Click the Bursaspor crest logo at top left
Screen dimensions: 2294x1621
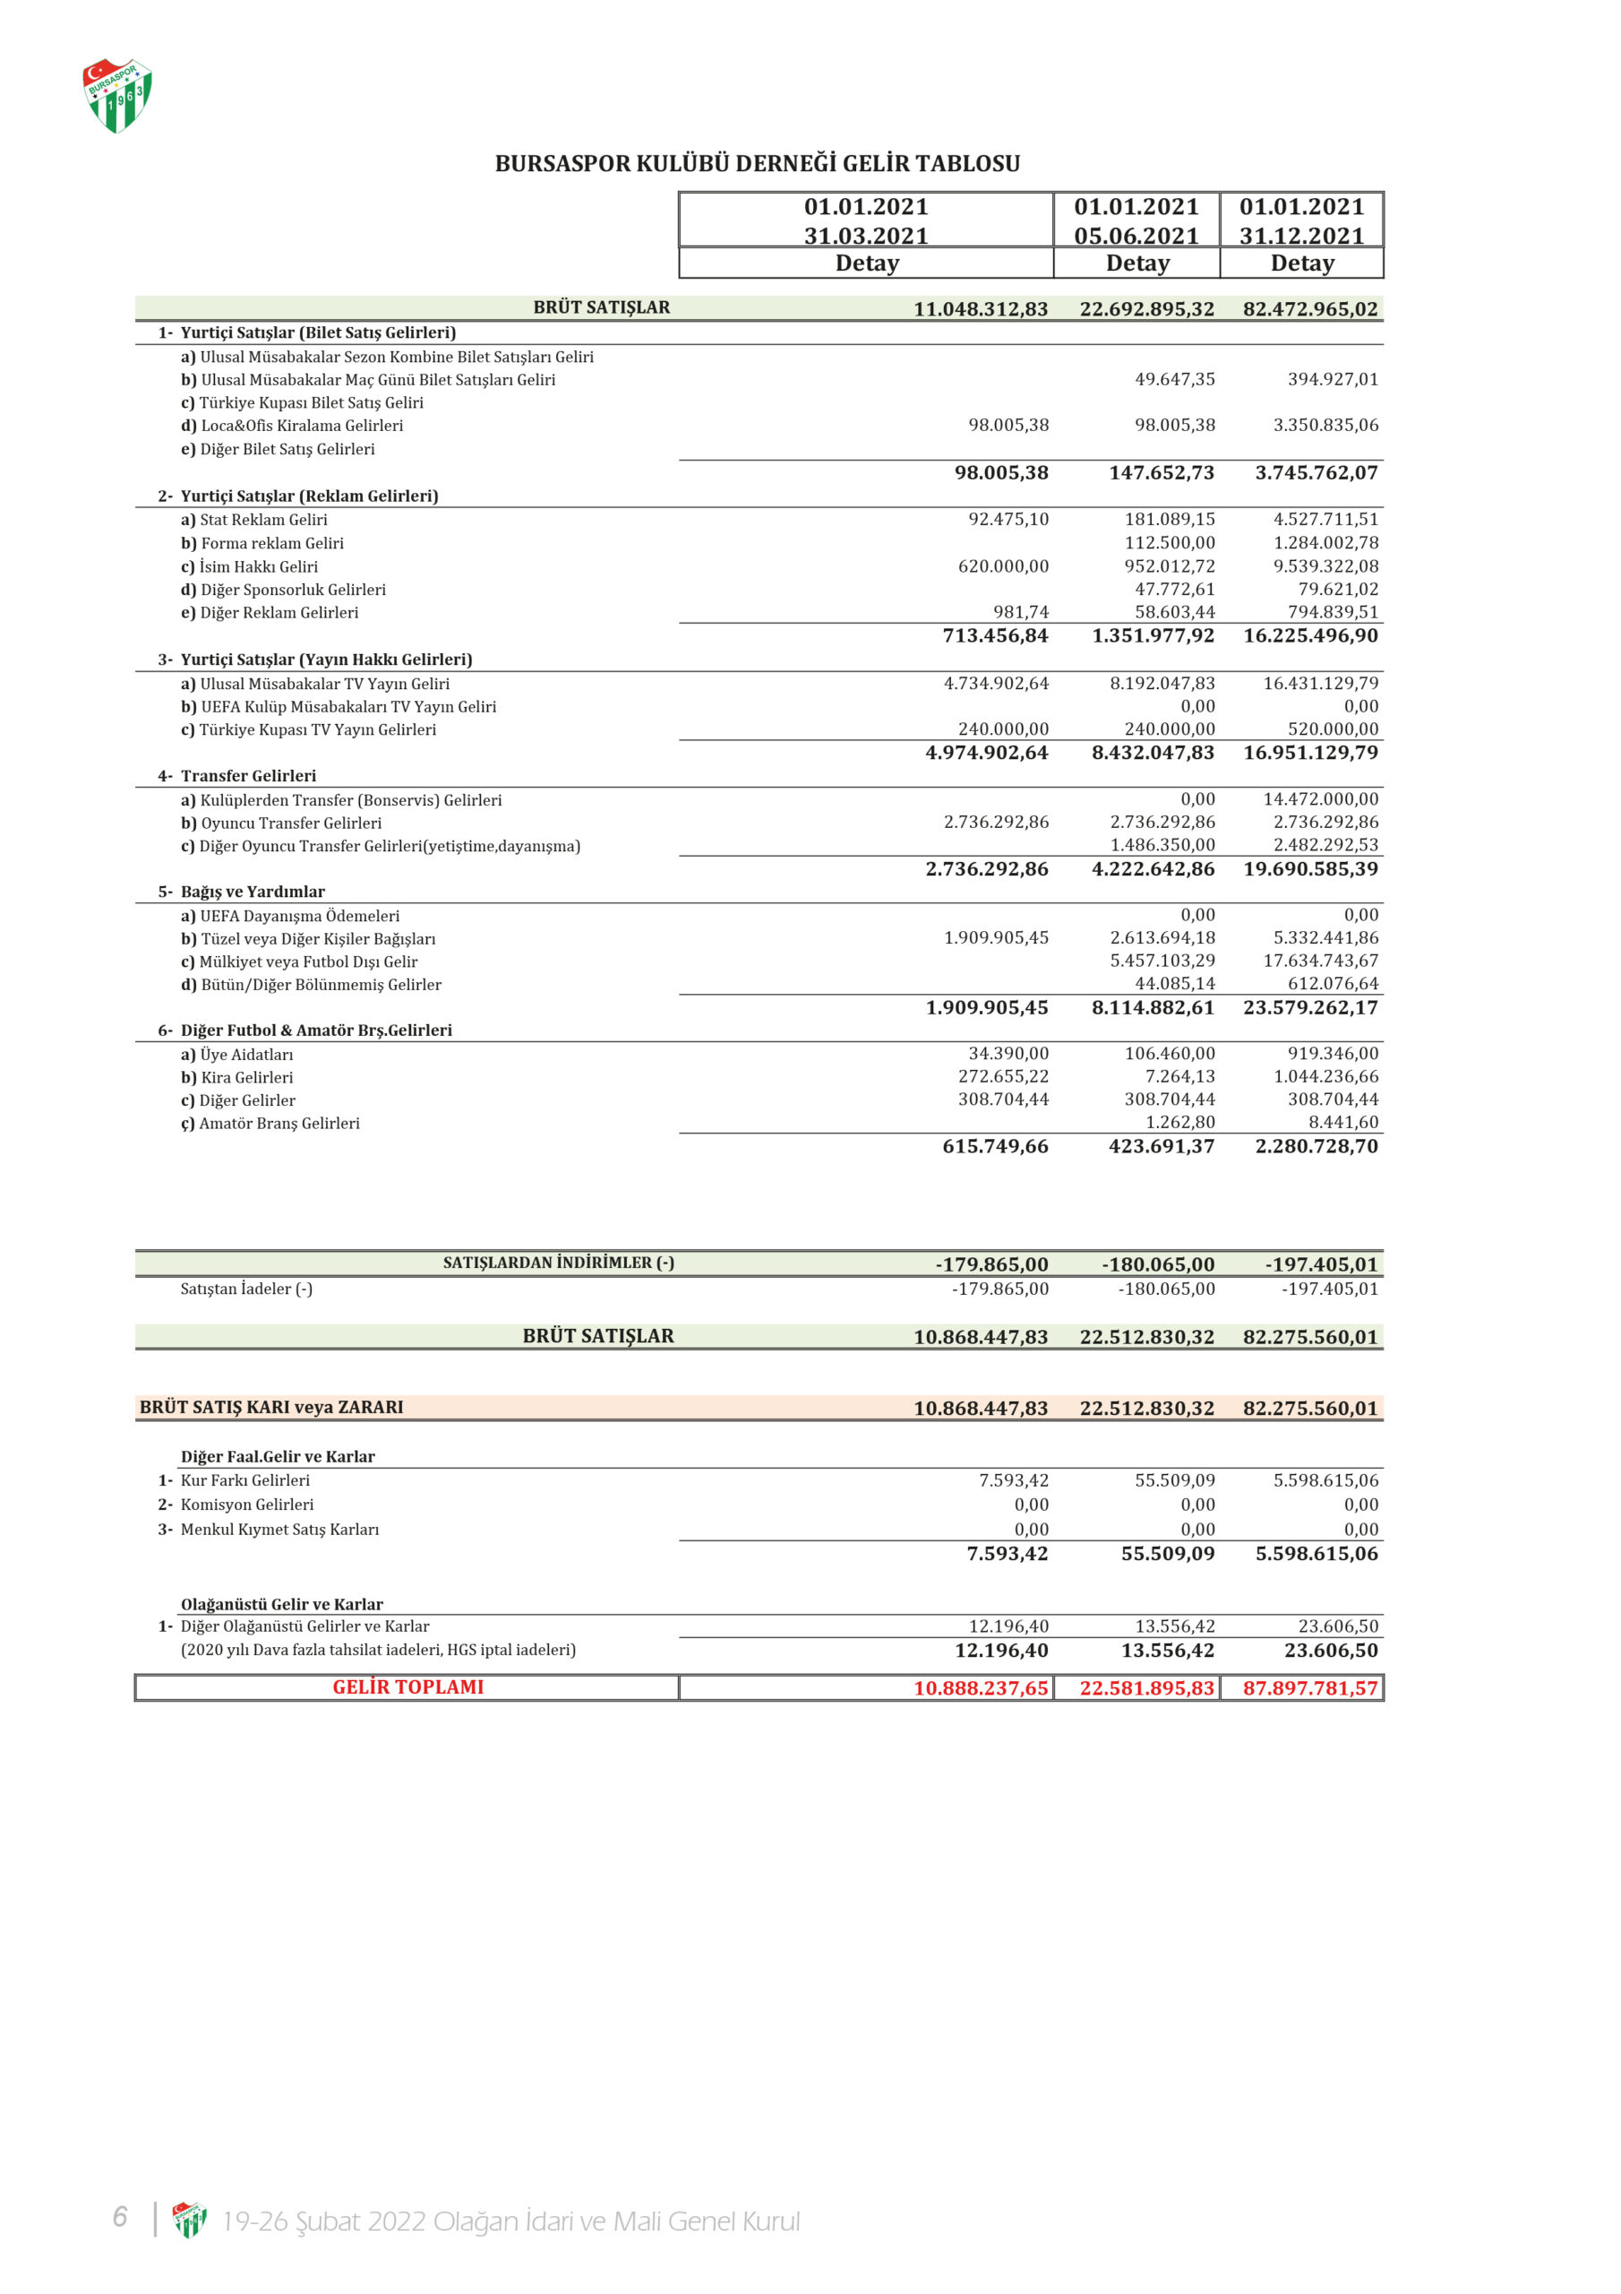point(116,96)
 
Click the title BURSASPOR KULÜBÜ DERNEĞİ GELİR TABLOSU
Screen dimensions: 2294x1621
point(757,164)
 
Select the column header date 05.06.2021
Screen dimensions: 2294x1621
point(1136,236)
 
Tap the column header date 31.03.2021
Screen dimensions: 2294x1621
point(866,236)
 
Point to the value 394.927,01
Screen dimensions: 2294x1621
point(1333,380)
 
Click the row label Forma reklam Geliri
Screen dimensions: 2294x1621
point(271,544)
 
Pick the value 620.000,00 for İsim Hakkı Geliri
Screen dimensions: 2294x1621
point(1003,566)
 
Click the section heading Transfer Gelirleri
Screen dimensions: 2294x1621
point(248,776)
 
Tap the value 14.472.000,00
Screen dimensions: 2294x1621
point(1320,799)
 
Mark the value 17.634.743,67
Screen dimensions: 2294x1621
point(1320,962)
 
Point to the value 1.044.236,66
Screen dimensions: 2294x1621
point(1325,1077)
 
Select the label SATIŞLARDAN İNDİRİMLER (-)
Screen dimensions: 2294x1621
point(558,1263)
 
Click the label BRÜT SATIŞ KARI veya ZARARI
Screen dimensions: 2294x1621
point(271,1408)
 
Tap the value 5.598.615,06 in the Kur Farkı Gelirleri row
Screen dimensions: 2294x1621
point(1325,1480)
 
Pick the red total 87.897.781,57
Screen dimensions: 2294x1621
point(1309,1688)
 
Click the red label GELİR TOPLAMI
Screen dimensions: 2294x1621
point(407,1687)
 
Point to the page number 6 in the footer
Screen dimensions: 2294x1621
point(120,2217)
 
